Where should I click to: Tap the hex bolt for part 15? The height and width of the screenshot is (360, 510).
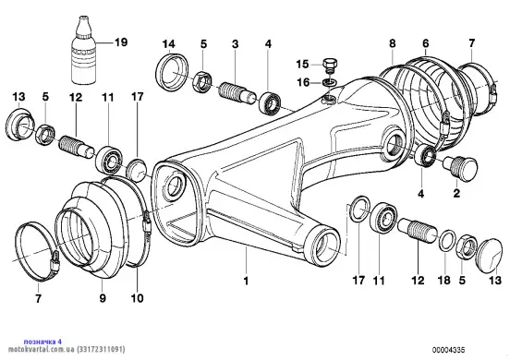330,66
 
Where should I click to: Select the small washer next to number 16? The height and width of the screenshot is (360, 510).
330,82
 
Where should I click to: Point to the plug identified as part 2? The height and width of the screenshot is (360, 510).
460,167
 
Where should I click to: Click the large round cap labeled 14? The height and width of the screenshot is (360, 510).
172,72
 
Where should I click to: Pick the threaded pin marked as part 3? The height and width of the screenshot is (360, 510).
237,93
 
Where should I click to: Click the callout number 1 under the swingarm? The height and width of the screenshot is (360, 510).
246,281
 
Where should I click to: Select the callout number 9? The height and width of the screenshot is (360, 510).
103,298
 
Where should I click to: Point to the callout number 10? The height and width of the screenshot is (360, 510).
137,298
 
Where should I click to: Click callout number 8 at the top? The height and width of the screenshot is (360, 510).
393,43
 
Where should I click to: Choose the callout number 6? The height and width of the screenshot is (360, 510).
425,43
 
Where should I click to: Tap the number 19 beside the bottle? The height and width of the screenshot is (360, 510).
121,42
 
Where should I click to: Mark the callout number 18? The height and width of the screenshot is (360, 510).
444,281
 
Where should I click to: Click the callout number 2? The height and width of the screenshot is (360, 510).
456,194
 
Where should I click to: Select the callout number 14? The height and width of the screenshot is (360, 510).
169,44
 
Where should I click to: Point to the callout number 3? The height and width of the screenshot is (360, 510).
236,44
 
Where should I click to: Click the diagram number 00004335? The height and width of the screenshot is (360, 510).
448,350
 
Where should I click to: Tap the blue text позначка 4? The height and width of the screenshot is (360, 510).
42,342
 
